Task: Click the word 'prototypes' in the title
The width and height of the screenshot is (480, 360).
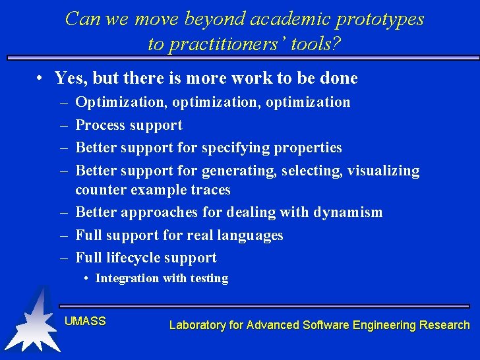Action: pyautogui.click(x=379, y=19)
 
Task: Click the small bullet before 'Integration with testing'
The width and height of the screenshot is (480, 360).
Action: pyautogui.click(x=87, y=278)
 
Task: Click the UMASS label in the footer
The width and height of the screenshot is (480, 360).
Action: pyautogui.click(x=85, y=321)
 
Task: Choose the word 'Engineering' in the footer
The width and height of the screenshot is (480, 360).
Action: pyautogui.click(x=386, y=325)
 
